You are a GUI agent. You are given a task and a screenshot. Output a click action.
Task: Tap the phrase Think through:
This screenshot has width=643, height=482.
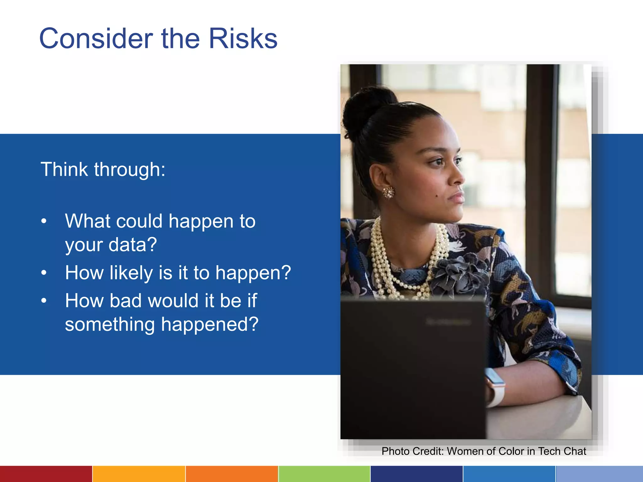pos(103,170)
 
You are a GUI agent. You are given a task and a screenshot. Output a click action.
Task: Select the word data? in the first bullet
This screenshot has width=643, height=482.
pos(132,244)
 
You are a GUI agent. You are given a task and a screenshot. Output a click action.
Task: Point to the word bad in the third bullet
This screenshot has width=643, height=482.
pos(125,301)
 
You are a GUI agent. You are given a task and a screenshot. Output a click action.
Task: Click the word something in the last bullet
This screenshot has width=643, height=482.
pos(110,324)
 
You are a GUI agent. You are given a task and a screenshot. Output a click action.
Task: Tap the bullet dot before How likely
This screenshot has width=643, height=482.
pos(44,273)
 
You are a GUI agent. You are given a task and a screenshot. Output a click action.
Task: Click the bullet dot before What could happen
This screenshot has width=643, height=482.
pos(44,221)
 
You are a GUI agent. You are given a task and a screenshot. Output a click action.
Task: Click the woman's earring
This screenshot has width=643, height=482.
pos(388,192)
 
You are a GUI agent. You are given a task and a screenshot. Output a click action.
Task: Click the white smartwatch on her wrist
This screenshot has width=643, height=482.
pos(495,387)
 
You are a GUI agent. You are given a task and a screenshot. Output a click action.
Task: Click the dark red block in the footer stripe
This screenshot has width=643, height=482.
pos(46,474)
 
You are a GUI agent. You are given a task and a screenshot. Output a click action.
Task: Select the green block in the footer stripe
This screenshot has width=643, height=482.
pos(324,474)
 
